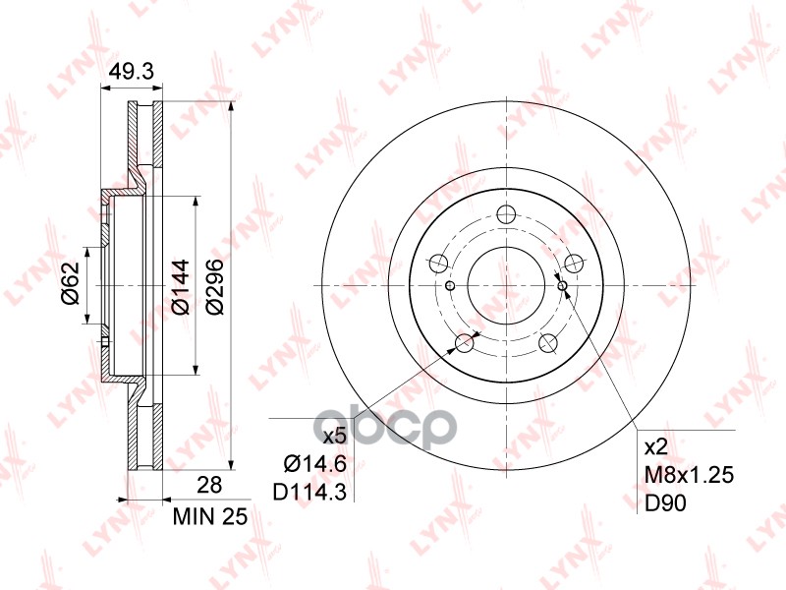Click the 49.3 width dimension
pyautogui.click(x=128, y=71)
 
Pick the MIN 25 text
pyautogui.click(x=209, y=514)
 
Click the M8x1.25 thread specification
pyautogui.click(x=687, y=475)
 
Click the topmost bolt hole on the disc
pyautogui.click(x=507, y=215)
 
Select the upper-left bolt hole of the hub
pyautogui.click(x=439, y=264)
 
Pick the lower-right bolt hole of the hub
pyautogui.click(x=548, y=343)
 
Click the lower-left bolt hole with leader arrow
pyautogui.click(x=466, y=343)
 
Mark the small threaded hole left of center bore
pyautogui.click(x=450, y=286)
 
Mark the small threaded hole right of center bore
pyautogui.click(x=563, y=286)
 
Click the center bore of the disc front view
pyautogui.click(x=507, y=286)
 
